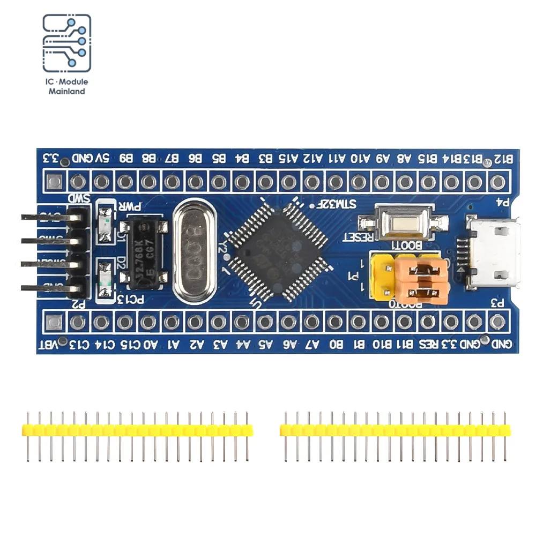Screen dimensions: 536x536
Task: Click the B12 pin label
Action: [x=504, y=159]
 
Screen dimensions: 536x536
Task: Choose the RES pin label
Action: [x=428, y=345]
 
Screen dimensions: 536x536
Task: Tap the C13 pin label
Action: [x=78, y=345]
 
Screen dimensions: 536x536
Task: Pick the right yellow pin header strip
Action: [x=395, y=430]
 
